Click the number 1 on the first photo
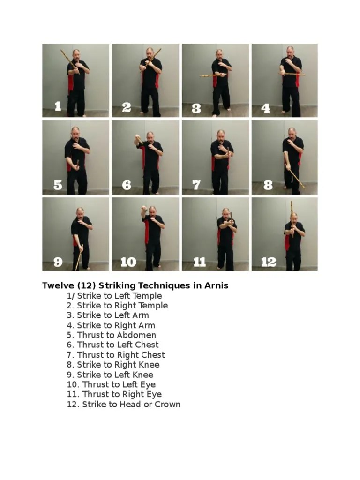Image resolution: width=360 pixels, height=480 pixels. coord(58,107)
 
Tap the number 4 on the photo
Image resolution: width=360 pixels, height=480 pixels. coord(266,109)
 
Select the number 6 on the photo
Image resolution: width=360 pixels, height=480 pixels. coord(127,185)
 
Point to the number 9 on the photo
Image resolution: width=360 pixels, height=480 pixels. coord(58,262)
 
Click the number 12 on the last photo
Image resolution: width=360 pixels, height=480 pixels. coord(268,262)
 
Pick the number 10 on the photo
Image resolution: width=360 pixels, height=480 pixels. coord(128,262)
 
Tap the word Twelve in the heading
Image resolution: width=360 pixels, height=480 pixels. coord(56,285)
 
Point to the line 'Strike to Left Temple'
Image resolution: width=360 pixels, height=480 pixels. coord(119,296)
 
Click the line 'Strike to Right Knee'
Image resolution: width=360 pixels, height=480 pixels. coord(118,365)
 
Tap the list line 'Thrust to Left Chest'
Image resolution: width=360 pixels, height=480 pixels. coord(118,345)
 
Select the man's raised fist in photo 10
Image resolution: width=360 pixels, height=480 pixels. coord(144,209)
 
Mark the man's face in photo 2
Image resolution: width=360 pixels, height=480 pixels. coord(150,52)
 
